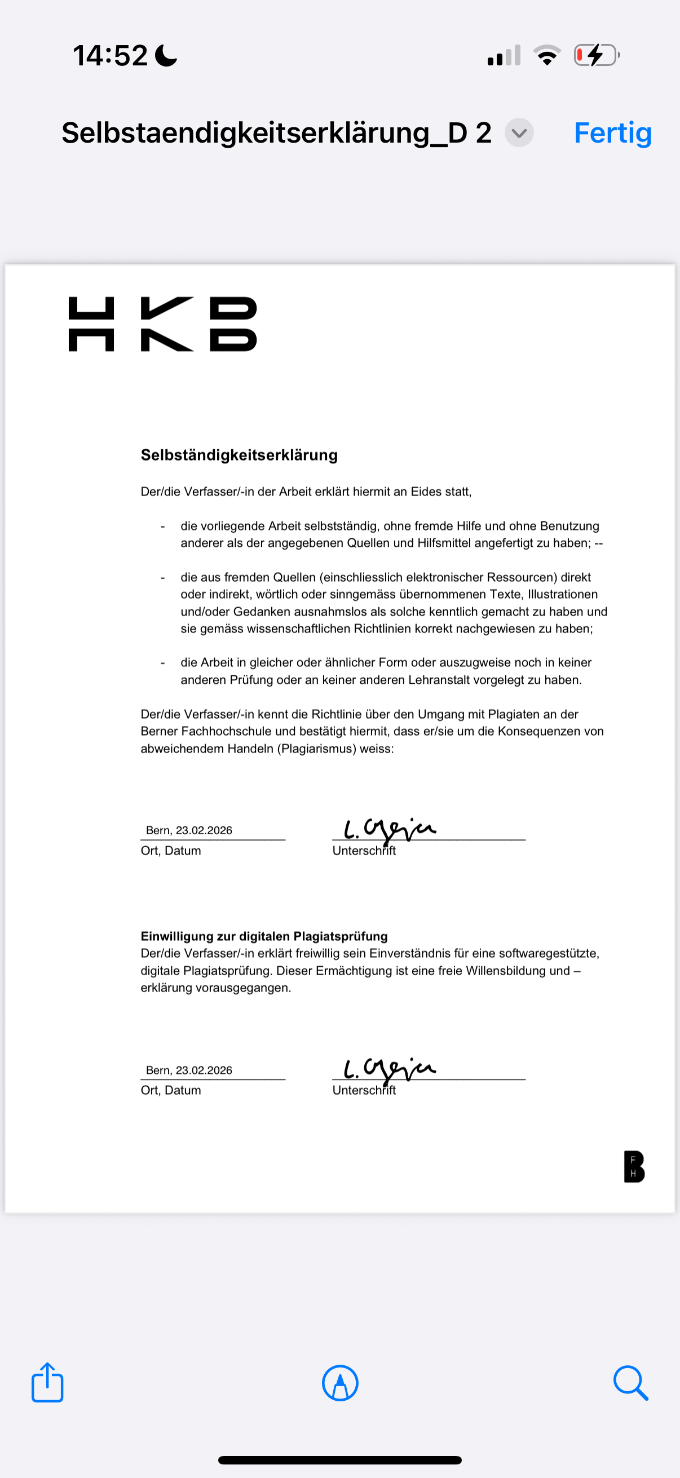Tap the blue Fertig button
tap(612, 133)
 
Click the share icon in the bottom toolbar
tap(47, 1382)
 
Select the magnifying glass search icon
tap(630, 1383)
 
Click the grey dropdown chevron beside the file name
tap(519, 133)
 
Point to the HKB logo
tap(162, 324)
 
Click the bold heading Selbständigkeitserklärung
tap(239, 455)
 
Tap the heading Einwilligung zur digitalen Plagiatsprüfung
tap(264, 936)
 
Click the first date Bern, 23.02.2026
tap(189, 830)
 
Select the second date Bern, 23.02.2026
tap(189, 1070)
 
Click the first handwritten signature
tap(390, 829)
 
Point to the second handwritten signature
tap(390, 1069)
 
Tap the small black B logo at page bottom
tap(634, 1166)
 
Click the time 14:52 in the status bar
tap(110, 56)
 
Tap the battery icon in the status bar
tap(596, 56)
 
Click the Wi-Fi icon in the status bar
tap(547, 56)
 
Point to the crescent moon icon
tap(166, 56)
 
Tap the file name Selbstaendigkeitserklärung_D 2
tap(276, 133)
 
